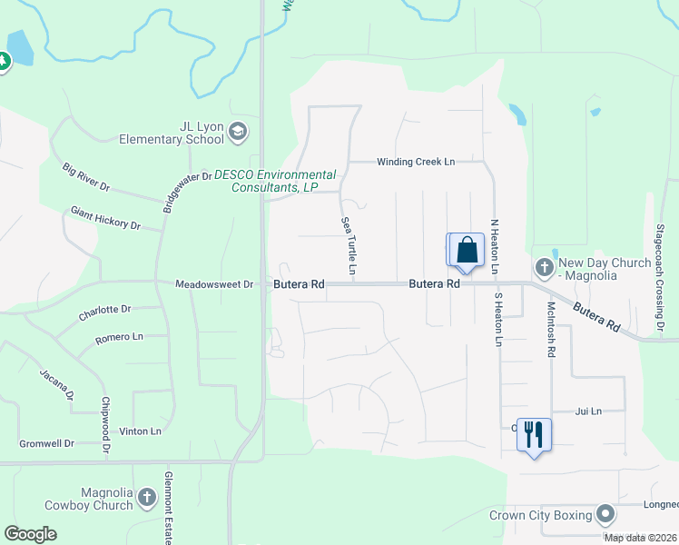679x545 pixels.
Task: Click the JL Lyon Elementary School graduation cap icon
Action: (238, 132)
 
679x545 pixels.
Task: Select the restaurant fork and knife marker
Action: (533, 434)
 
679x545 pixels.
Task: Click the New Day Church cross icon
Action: (544, 267)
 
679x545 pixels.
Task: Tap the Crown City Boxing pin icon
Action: (605, 515)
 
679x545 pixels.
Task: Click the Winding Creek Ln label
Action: (416, 162)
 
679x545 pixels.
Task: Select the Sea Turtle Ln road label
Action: (348, 245)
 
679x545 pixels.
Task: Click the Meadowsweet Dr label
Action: (214, 284)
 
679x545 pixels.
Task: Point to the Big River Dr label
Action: (86, 176)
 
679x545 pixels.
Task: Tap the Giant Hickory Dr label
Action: (106, 218)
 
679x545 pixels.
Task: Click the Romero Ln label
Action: (120, 338)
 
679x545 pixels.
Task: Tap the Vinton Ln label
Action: (142, 431)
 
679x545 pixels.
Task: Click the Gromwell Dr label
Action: (46, 444)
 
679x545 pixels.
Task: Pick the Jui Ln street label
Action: (589, 411)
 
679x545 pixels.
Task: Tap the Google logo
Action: (31, 534)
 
